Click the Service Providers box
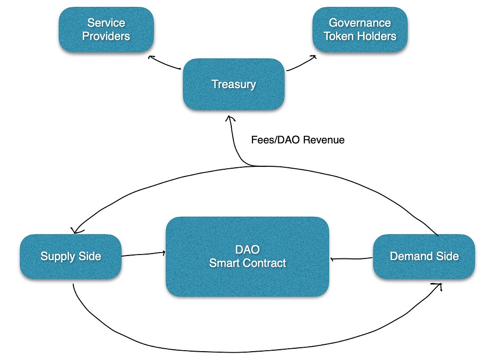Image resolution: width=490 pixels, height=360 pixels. (x=106, y=30)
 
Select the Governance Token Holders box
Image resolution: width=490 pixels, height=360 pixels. (x=360, y=30)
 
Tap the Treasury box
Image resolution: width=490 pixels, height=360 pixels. (x=234, y=84)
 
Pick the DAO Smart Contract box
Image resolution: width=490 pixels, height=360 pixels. (x=247, y=257)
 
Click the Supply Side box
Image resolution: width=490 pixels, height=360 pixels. (x=71, y=257)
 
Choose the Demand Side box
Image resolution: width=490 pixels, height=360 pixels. (x=424, y=257)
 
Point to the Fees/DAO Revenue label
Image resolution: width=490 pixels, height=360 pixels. (x=298, y=140)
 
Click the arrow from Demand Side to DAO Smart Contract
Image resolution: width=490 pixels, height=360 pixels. (x=351, y=259)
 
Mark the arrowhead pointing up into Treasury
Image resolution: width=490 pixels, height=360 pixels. (x=230, y=118)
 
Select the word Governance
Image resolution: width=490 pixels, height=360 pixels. (x=360, y=23)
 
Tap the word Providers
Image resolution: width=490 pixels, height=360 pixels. (x=106, y=36)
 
